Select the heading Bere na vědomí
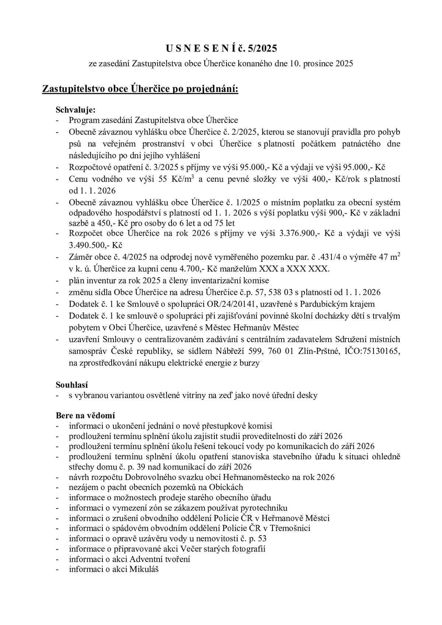[x=85, y=415]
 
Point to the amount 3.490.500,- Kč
[x=96, y=245]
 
